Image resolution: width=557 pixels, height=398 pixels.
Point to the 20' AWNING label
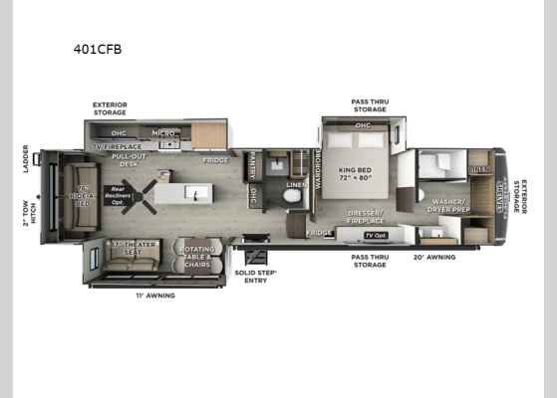pyautogui.click(x=434, y=257)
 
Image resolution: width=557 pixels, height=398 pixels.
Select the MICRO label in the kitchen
pyautogui.click(x=163, y=131)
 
